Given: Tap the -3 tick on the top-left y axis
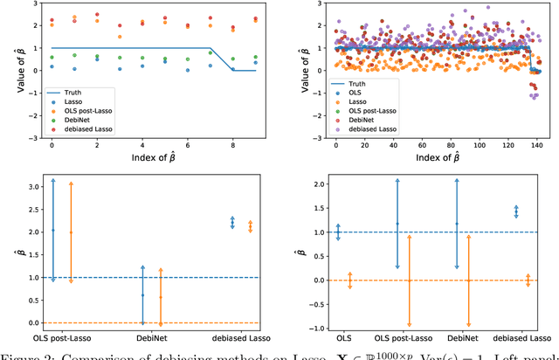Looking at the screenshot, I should coord(29,137).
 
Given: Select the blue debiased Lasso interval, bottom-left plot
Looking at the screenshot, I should coord(231,222).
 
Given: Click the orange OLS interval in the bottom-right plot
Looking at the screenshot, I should coord(350,280).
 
